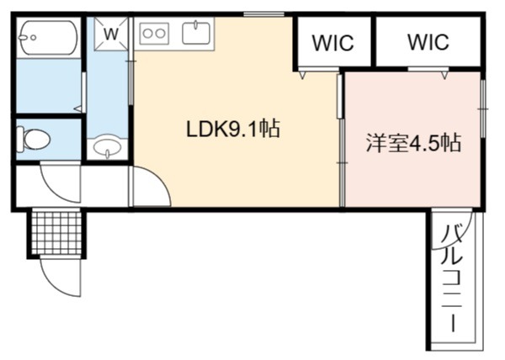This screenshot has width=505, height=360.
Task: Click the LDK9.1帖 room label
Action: pos(233,129)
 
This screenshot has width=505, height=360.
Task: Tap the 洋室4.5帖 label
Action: pos(413,142)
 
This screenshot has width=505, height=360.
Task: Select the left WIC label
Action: pos(333,42)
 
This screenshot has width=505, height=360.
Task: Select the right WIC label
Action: pos(428,41)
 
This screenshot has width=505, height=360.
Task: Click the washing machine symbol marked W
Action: pos(111,34)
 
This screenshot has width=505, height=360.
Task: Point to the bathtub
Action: pos(48,37)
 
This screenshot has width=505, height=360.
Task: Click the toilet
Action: pos(33,140)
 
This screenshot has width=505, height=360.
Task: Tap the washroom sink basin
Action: pos(107,148)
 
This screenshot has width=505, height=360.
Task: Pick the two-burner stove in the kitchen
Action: pos(154,34)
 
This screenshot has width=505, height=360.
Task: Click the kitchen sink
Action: pos(196,32)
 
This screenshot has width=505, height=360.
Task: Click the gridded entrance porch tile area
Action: pos(57,232)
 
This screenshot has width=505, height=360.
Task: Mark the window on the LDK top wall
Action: pos(263,13)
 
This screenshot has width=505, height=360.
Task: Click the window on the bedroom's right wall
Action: pos(483,109)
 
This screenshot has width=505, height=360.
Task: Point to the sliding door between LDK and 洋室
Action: pos(341,140)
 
